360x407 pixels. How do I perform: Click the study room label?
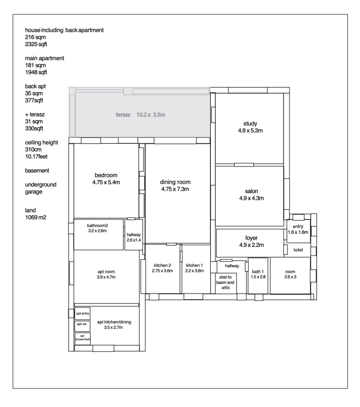point(250,123)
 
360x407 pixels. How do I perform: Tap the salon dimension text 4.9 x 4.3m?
point(251,199)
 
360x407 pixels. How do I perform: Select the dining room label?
point(175,182)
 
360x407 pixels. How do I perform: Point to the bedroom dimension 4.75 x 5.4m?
point(106,182)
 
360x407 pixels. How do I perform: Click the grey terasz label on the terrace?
point(123,115)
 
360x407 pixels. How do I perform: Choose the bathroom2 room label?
point(97,226)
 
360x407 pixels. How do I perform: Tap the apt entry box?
point(83,313)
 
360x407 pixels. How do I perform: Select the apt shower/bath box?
point(83,339)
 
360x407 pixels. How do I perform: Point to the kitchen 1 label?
point(194,265)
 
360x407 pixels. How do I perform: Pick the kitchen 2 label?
point(162,265)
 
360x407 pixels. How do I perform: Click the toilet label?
point(298,250)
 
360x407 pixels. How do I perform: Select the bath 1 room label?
point(258,271)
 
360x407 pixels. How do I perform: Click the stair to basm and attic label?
point(225,282)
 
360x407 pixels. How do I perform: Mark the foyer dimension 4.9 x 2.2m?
point(251,245)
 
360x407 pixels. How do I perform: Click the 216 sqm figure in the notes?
point(35,37)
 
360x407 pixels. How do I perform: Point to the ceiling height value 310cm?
point(33,150)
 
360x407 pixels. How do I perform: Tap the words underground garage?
point(41,188)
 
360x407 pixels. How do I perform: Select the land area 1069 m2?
point(36,218)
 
